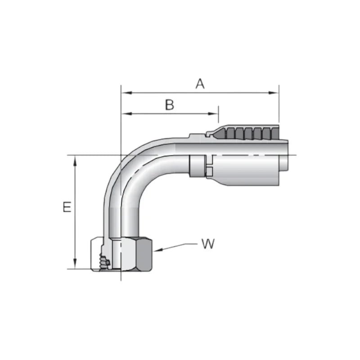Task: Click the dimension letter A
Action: [200, 84]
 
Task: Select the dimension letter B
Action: [169, 105]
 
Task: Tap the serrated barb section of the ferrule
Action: [245, 133]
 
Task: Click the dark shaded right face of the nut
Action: [147, 254]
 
